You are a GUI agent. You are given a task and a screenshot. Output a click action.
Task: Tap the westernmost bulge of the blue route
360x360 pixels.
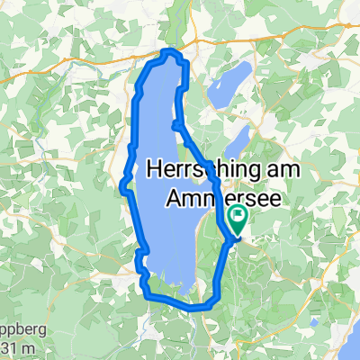tap(121, 186)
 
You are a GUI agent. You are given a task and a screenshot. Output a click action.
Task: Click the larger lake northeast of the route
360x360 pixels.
tap(229, 81)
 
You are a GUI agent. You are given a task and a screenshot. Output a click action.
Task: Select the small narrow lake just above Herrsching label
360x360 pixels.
tap(239, 139)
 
